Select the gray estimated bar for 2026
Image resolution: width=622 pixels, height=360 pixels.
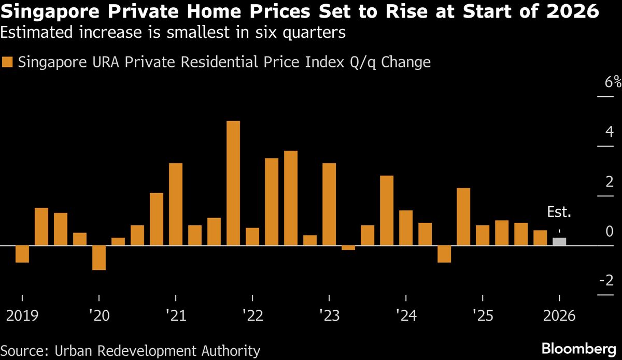pos(559,241)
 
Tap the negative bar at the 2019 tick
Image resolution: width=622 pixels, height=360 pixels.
pos(22,254)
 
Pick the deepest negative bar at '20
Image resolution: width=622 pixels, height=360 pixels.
pos(98,257)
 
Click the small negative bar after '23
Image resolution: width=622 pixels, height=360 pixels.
pos(348,248)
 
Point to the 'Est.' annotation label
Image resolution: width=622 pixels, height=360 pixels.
pos(559,212)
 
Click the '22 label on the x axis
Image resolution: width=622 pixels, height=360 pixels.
pos(252,315)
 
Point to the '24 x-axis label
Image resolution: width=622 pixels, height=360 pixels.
pos(405,315)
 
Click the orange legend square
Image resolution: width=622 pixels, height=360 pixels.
pos(7,63)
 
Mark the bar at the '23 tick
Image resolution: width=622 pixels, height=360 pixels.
pos(329,204)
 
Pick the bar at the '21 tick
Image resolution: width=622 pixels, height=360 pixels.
pos(176,204)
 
